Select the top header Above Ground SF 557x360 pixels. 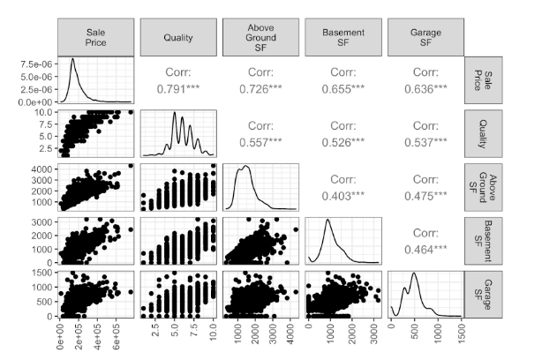[x=261, y=36]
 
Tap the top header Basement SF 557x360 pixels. [x=343, y=36]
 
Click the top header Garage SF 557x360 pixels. [x=425, y=36]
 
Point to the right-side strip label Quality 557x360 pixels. [x=483, y=132]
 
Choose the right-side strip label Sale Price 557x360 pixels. [x=483, y=79]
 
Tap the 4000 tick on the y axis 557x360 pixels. [x=44, y=168]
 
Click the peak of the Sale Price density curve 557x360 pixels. [x=73, y=59]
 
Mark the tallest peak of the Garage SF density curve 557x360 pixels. [x=413, y=274]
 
